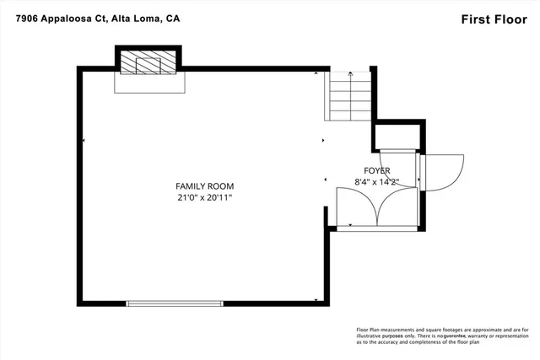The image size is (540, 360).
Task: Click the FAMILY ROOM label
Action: tap(204, 185)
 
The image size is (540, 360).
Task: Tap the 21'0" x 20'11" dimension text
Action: tap(204, 197)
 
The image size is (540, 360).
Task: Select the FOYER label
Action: tap(377, 169)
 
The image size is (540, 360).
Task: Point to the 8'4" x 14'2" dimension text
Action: tap(377, 180)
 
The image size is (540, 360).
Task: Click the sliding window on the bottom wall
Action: tap(175, 303)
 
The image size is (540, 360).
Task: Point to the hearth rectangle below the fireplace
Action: tap(148, 83)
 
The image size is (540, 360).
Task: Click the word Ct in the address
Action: tap(99, 18)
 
